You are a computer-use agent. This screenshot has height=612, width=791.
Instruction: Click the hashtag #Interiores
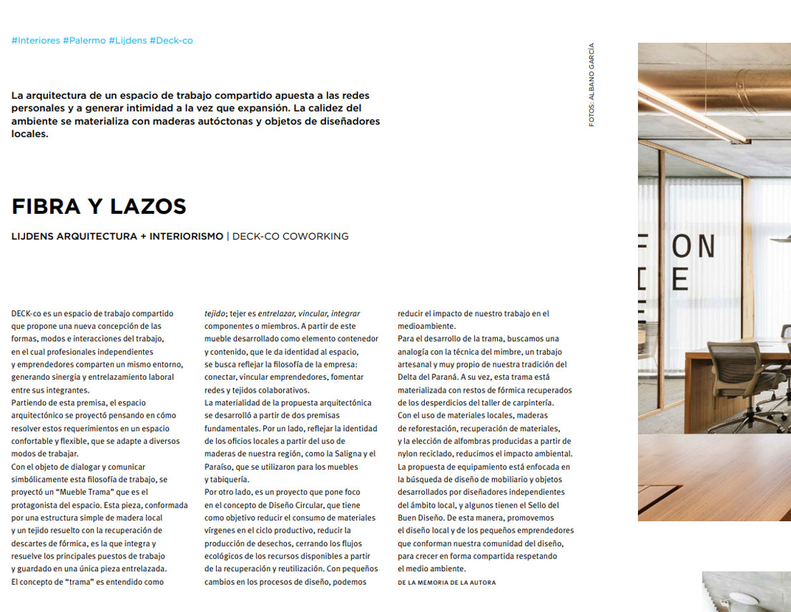pyautogui.click(x=36, y=41)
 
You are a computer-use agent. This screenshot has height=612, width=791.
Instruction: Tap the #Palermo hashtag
pyautogui.click(x=84, y=41)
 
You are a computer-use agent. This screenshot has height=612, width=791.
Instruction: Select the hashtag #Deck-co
pyautogui.click(x=171, y=41)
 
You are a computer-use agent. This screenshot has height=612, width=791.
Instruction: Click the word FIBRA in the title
pyautogui.click(x=46, y=207)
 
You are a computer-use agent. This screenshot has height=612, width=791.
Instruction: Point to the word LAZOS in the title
pyautogui.click(x=148, y=207)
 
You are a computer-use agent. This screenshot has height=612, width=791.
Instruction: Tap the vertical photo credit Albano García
pyautogui.click(x=591, y=84)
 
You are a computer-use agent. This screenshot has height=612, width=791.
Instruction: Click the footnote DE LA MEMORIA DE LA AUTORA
pyautogui.click(x=446, y=583)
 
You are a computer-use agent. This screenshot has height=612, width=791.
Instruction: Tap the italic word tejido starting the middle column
pyautogui.click(x=215, y=313)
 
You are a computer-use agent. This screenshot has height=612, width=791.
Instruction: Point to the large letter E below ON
pyautogui.click(x=680, y=280)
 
